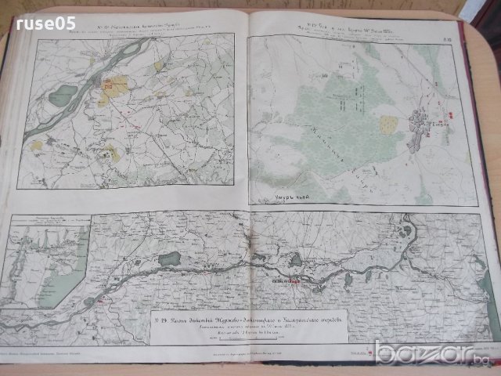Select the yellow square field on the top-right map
tap(388, 124)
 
